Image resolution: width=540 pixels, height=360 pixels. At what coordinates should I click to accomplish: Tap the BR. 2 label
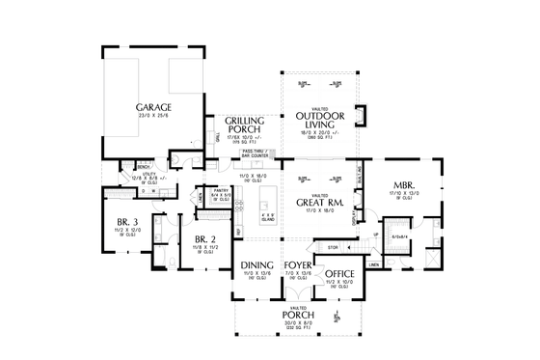pyautogui.click(x=202, y=238)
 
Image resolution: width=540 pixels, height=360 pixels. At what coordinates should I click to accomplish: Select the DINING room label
pyautogui.click(x=256, y=264)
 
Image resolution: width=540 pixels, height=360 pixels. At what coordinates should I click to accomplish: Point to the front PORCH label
pyautogui.click(x=298, y=313)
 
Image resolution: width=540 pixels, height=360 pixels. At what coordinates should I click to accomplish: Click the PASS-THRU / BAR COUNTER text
pyautogui.click(x=255, y=153)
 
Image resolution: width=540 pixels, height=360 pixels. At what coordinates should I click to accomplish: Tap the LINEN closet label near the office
pyautogui.click(x=372, y=263)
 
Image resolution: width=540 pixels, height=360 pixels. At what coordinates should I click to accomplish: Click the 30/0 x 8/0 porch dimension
pyautogui.click(x=298, y=321)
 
